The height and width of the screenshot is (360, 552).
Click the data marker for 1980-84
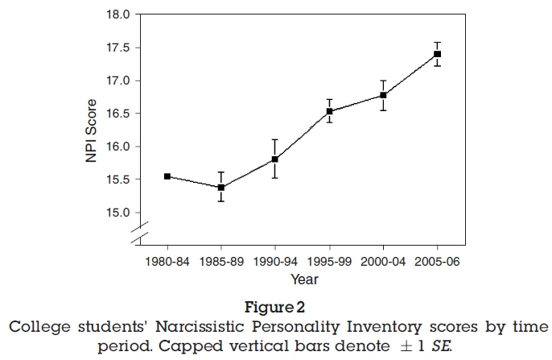pyautogui.click(x=167, y=176)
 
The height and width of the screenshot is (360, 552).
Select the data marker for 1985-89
pyautogui.click(x=221, y=187)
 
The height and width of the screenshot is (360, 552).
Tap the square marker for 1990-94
pyautogui.click(x=275, y=159)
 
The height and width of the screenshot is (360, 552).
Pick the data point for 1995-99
pyautogui.click(x=329, y=111)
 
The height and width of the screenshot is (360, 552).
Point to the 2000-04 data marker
pyautogui.click(x=383, y=95)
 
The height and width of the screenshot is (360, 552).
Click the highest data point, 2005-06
pyautogui.click(x=437, y=54)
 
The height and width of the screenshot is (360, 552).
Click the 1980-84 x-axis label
pyautogui.click(x=167, y=262)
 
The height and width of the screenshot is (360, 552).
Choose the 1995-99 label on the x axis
pyautogui.click(x=329, y=262)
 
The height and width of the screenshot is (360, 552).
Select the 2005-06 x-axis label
pyautogui.click(x=437, y=262)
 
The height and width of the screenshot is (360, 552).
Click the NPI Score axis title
pyautogui.click(x=93, y=131)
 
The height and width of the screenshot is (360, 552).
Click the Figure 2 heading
pyautogui.click(x=275, y=307)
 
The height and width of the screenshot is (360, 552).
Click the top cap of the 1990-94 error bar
pyautogui.click(x=275, y=139)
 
